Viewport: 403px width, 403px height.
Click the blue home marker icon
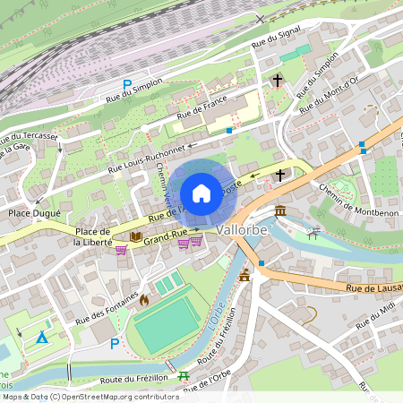[201, 193]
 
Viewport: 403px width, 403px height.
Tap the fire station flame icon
[144, 300]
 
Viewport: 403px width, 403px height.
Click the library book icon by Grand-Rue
[136, 237]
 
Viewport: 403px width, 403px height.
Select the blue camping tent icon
[41, 337]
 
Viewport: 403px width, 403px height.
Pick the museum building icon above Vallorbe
[280, 210]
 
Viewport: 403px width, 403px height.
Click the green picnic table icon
[184, 377]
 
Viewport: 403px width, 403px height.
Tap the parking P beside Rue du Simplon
[127, 86]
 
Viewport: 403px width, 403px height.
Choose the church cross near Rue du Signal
[278, 81]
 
